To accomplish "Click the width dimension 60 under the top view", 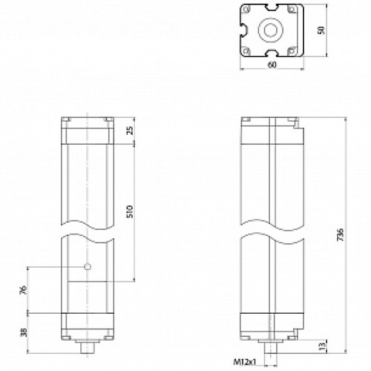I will [x=272, y=66].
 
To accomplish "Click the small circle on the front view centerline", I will [x=88, y=267].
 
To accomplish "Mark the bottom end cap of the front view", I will [x=87, y=324].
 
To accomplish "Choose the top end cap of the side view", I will [x=273, y=132].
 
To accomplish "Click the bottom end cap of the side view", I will [x=273, y=324].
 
